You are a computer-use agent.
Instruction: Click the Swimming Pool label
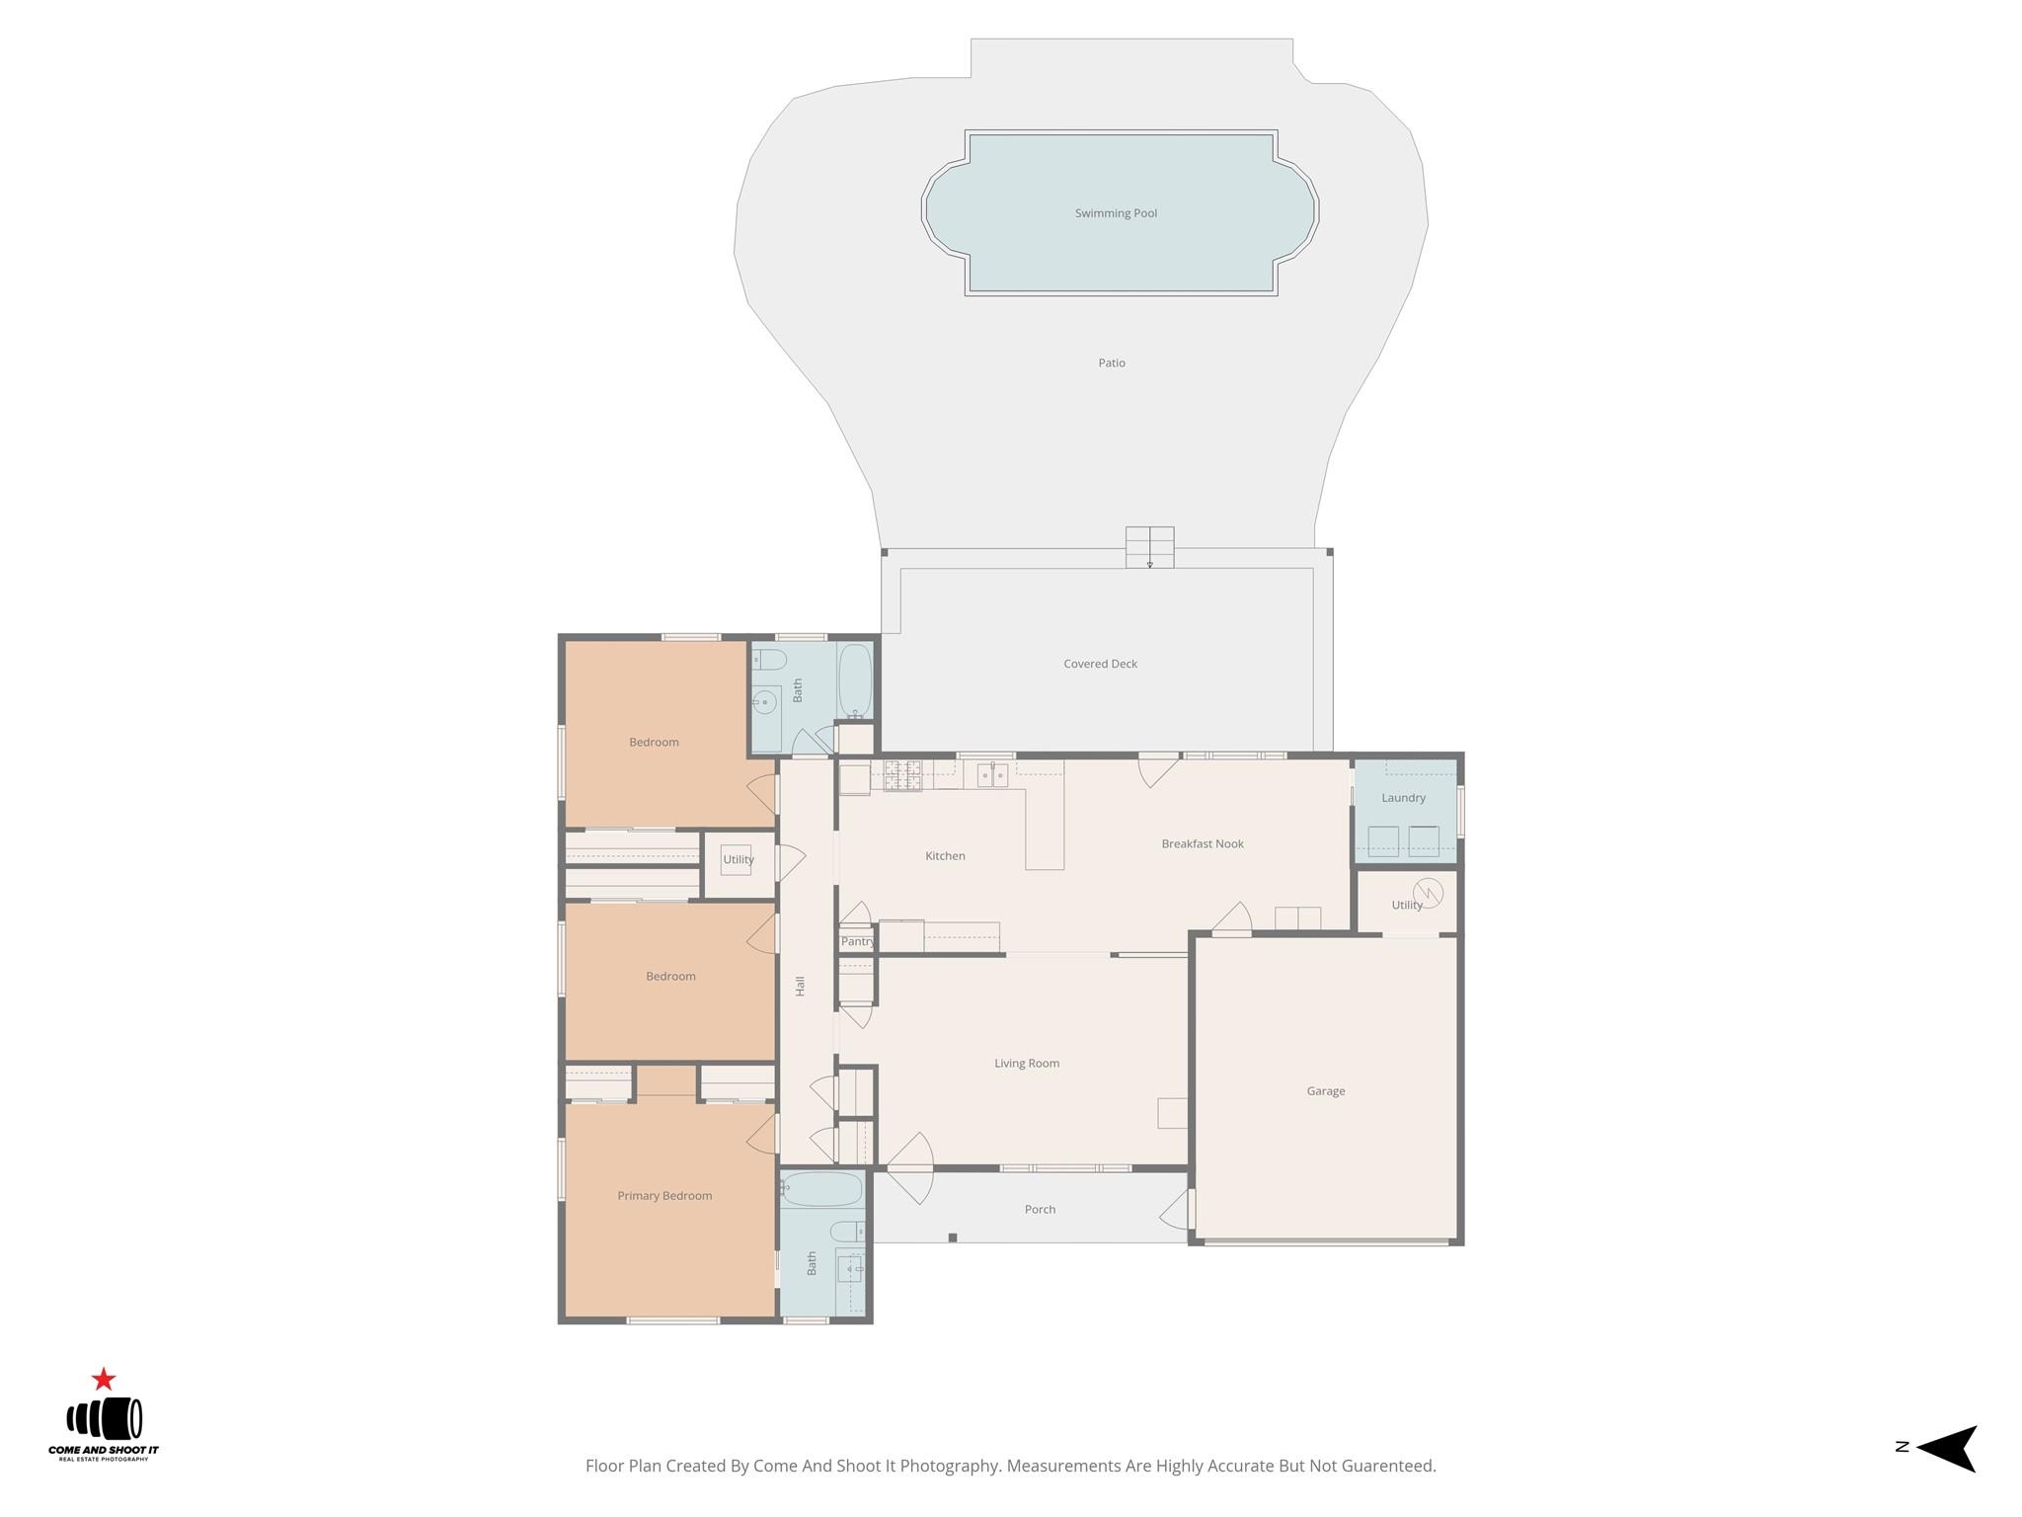point(1116,213)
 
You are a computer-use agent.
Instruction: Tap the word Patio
point(1112,362)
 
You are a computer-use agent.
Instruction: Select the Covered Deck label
point(1100,664)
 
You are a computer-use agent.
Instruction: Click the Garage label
point(1325,1091)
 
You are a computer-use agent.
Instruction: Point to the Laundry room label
point(1403,798)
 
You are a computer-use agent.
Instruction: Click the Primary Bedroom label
point(664,1196)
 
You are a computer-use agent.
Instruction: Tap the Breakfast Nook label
point(1202,843)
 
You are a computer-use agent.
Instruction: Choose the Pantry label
point(857,941)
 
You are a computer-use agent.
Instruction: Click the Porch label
point(1040,1209)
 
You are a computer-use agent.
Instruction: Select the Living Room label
point(1026,1064)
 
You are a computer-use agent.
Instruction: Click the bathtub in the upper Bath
point(855,681)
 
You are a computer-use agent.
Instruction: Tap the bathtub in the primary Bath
point(821,1189)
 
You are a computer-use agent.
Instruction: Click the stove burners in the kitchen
point(902,775)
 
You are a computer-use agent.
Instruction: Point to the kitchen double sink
point(992,775)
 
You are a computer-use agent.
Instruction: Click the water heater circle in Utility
point(1428,893)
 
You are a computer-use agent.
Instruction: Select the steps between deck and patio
point(1149,547)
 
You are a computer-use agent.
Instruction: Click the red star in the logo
point(104,1380)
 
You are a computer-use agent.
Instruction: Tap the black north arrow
point(1949,1448)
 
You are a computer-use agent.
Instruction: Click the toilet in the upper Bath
point(769,660)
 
